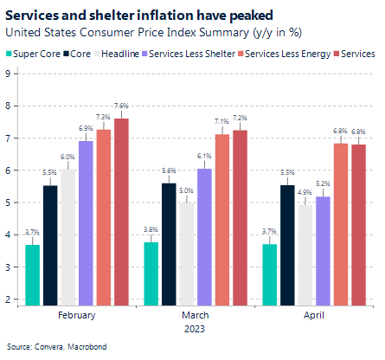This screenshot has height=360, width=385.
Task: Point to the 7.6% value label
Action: coord(121,106)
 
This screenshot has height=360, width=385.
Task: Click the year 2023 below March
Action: coord(194,329)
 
